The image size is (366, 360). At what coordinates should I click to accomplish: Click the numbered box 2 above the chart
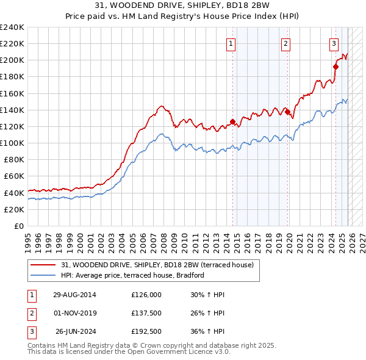[x=285, y=43]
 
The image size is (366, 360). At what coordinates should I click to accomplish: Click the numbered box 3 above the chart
[x=334, y=43]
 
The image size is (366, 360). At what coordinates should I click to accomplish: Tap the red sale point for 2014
[x=232, y=121]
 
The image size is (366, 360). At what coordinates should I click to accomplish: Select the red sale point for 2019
[x=287, y=112]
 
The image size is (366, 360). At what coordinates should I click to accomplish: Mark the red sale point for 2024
[x=335, y=67]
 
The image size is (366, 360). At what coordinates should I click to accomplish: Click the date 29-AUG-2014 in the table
[x=74, y=295]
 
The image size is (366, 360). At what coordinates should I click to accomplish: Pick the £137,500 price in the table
[x=146, y=314]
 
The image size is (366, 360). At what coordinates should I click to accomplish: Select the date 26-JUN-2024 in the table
[x=76, y=333]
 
